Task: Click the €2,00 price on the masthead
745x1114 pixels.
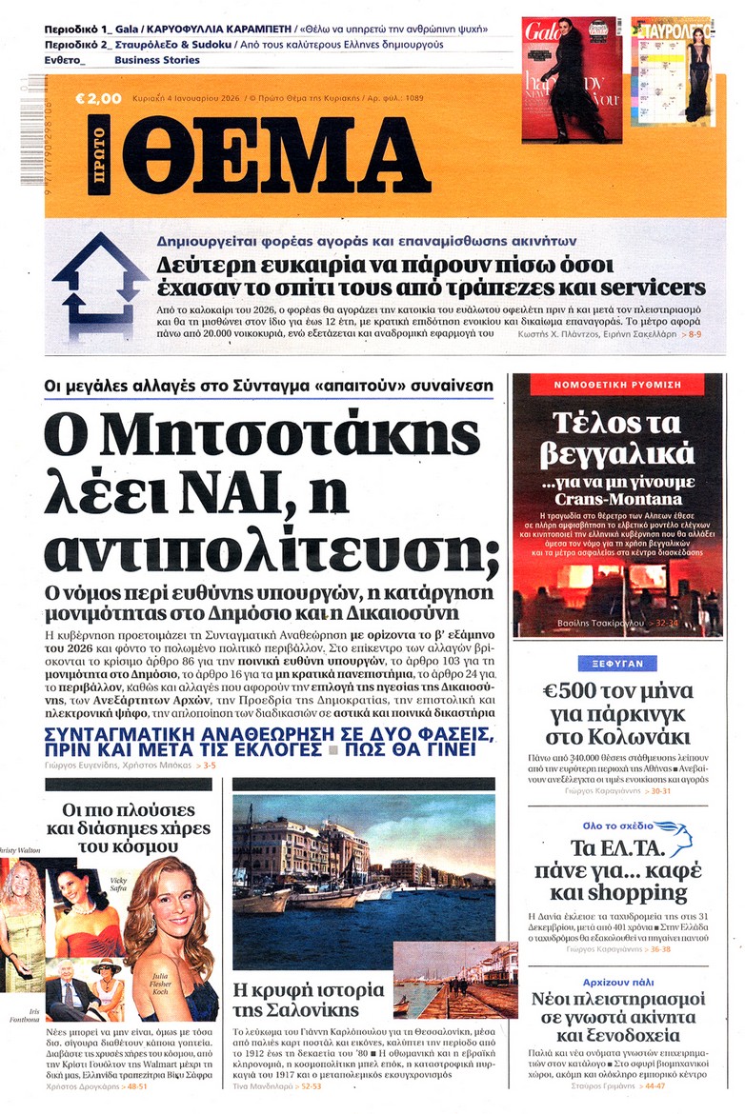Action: click(99, 97)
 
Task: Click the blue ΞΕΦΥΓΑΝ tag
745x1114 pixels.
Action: click(616, 664)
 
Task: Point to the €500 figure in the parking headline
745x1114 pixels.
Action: click(569, 692)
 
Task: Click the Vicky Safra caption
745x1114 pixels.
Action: click(119, 885)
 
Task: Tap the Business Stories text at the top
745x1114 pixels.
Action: click(157, 60)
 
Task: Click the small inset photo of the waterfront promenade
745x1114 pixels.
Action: click(442, 979)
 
